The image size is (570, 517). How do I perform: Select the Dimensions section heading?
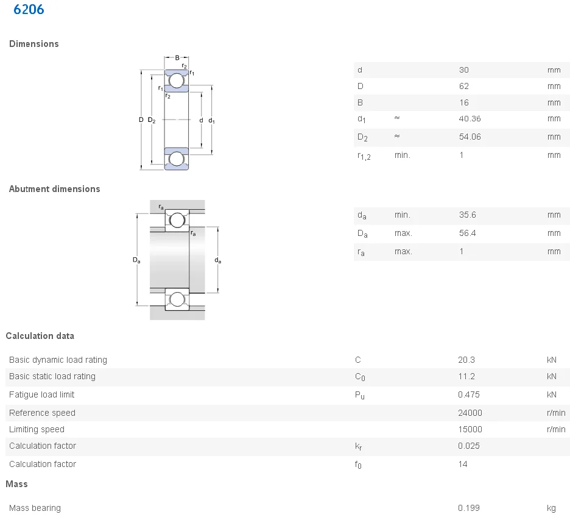tap(34, 44)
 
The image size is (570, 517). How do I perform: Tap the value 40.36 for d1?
tap(470, 119)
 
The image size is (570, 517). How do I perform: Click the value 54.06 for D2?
tap(470, 137)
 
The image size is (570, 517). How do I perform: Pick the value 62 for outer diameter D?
tap(464, 86)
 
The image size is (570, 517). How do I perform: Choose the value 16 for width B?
tap(464, 102)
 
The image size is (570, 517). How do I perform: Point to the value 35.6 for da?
tap(467, 215)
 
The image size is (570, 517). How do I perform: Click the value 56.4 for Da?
tap(467, 233)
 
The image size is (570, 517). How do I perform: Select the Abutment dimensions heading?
tap(54, 189)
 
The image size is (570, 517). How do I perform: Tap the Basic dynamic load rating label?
tap(58, 360)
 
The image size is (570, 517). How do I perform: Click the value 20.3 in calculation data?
tap(466, 360)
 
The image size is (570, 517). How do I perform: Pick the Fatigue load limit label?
tap(42, 394)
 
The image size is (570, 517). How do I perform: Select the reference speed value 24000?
tap(470, 413)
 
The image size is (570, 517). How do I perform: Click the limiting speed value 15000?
tap(470, 429)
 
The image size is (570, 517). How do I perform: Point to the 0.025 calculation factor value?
tap(468, 446)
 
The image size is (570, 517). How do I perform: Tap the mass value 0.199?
tap(468, 508)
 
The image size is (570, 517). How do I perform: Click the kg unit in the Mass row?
tap(552, 508)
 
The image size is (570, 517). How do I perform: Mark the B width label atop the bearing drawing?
tap(177, 58)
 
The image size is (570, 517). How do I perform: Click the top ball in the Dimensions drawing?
tap(177, 80)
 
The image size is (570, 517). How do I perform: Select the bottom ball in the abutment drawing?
tap(177, 299)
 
